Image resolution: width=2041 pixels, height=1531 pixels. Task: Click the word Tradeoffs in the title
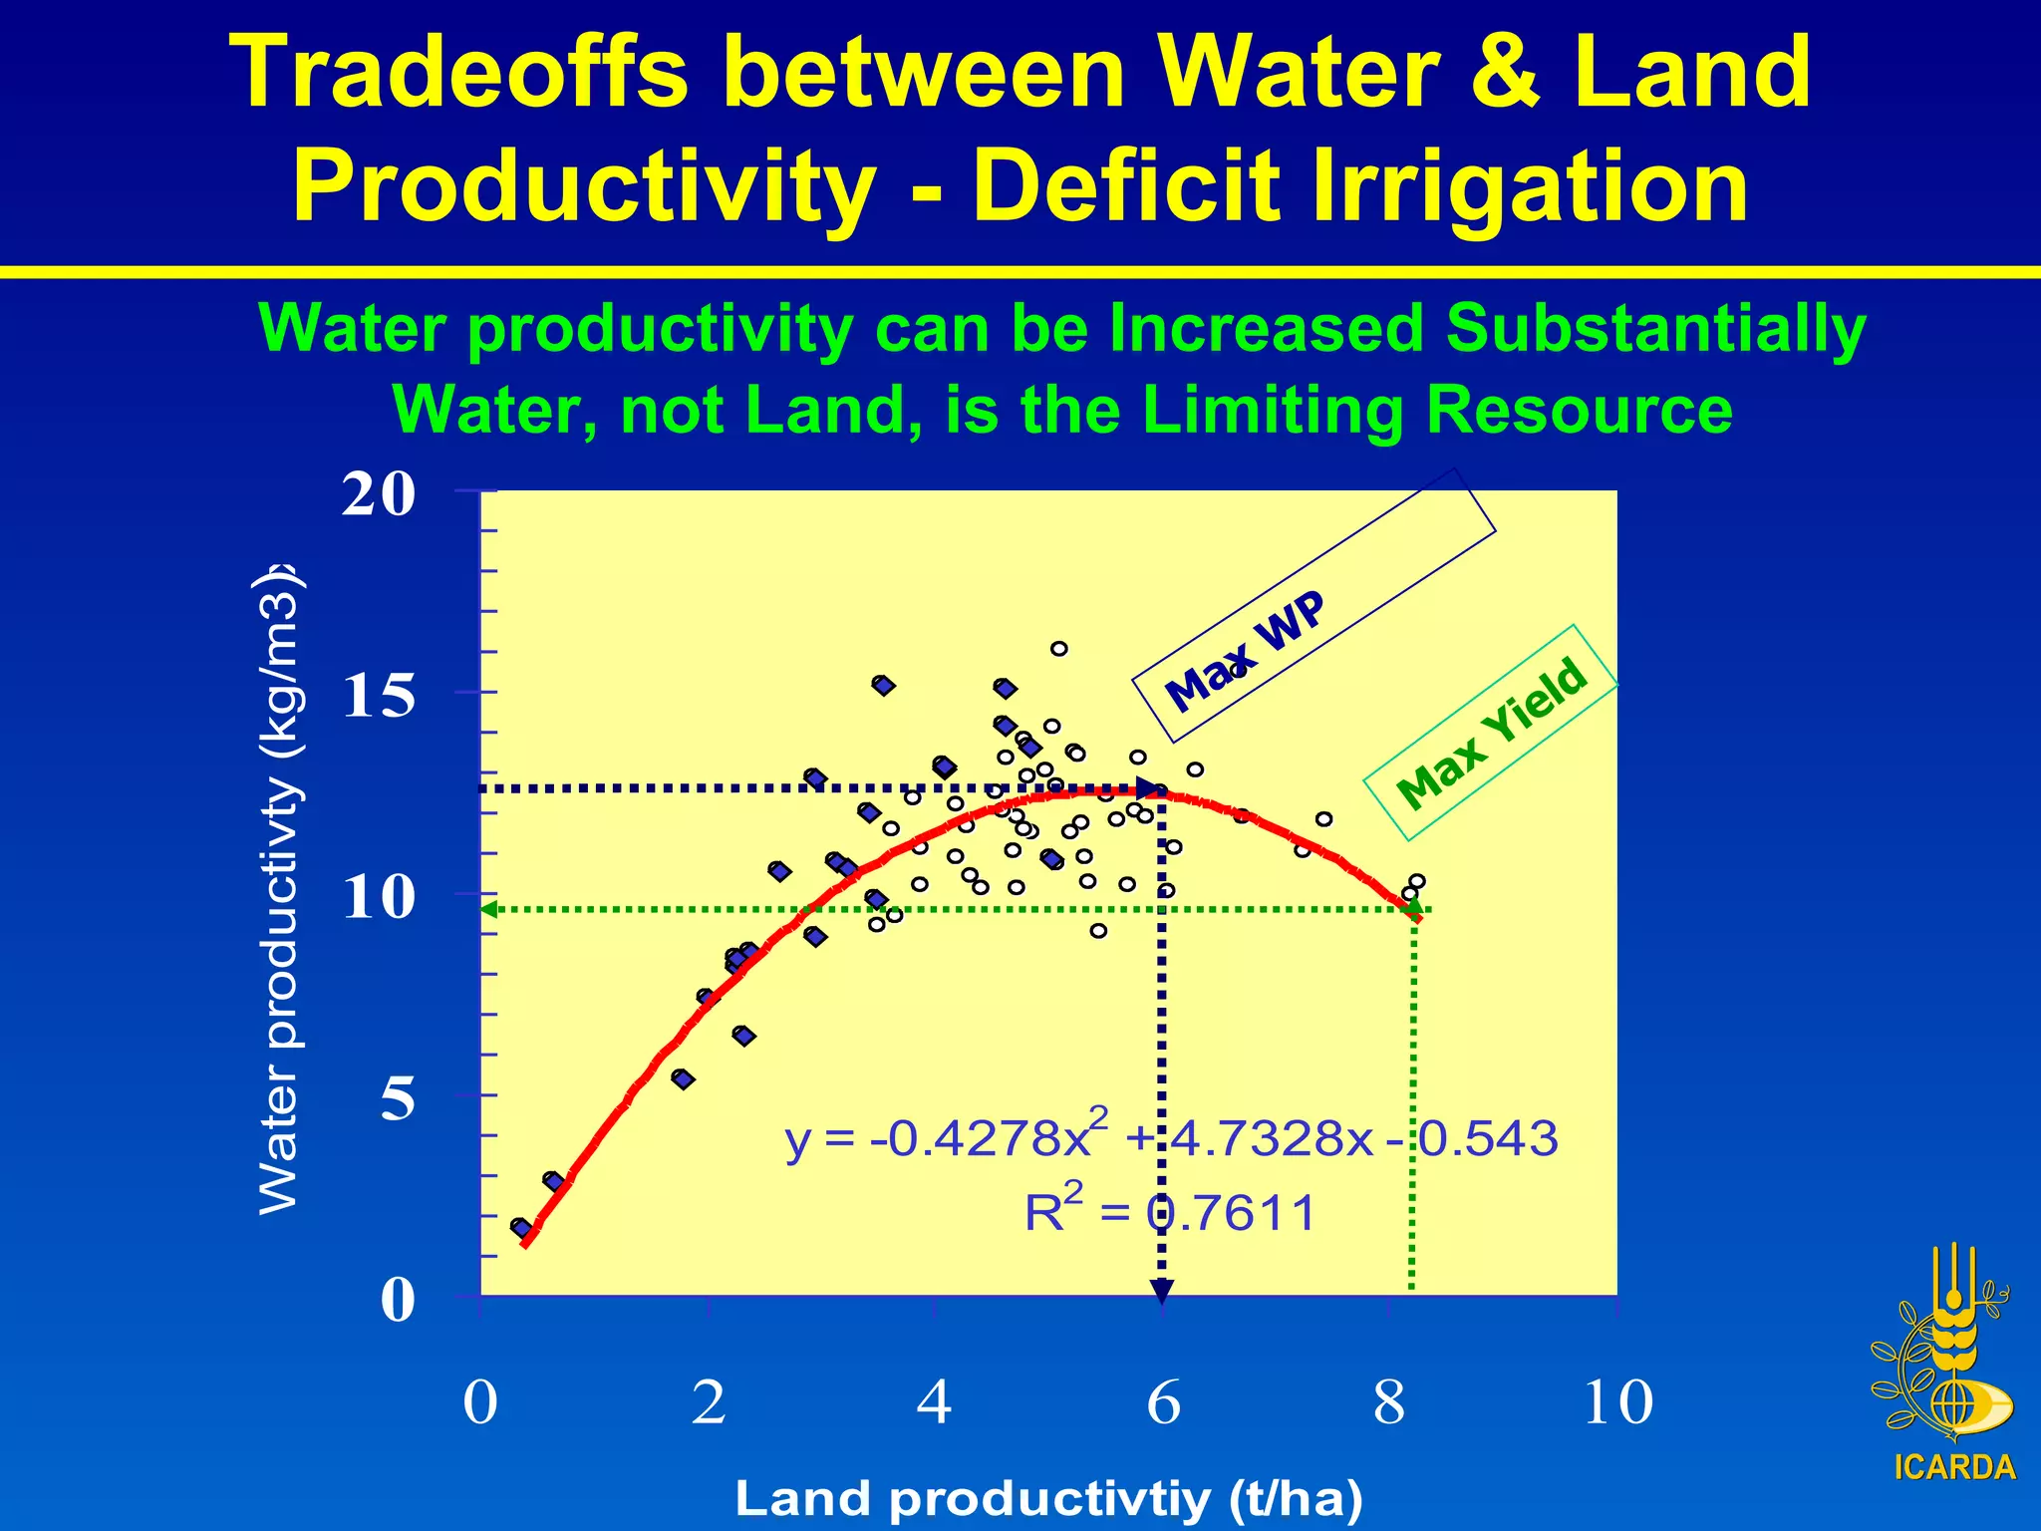pyautogui.click(x=458, y=72)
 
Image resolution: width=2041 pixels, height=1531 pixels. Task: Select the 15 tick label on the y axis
pyautogui.click(x=378, y=695)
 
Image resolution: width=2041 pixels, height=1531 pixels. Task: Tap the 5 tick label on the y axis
pyautogui.click(x=397, y=1098)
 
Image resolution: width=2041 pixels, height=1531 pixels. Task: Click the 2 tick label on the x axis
pyautogui.click(x=708, y=1402)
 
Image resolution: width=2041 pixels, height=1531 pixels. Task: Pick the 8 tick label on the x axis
pyautogui.click(x=1388, y=1402)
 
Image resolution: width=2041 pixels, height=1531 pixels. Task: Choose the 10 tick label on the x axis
pyautogui.click(x=1616, y=1402)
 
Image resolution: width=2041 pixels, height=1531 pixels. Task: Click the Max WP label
pyautogui.click(x=1245, y=652)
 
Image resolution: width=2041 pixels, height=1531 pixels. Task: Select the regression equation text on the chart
pyautogui.click(x=1170, y=1136)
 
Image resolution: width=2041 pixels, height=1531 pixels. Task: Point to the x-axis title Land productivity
pyautogui.click(x=1048, y=1498)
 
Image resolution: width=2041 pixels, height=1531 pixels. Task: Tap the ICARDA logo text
pyautogui.click(x=1954, y=1467)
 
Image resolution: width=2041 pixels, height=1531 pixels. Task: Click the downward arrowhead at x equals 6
pyautogui.click(x=1161, y=1292)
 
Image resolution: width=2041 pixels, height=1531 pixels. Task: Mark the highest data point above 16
pyautogui.click(x=1058, y=649)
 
